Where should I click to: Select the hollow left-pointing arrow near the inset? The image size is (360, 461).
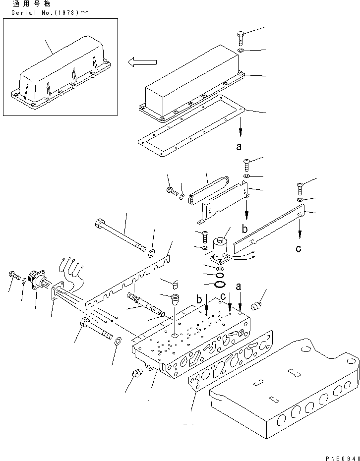pyautogui.click(x=142, y=62)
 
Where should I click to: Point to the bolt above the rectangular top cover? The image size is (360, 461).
pyautogui.click(x=240, y=37)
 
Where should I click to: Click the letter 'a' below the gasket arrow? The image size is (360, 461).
pyautogui.click(x=240, y=146)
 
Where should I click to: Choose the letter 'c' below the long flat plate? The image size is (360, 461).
pyautogui.click(x=298, y=248)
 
